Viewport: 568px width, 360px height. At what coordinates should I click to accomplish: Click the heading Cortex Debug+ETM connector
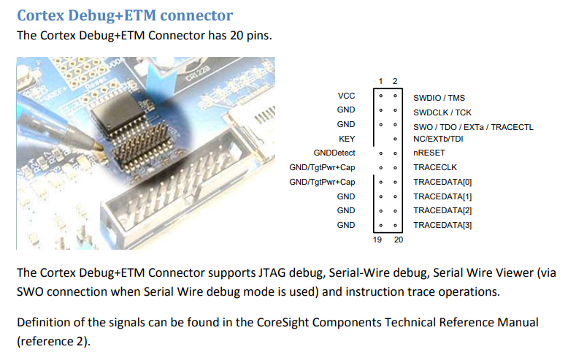[125, 14]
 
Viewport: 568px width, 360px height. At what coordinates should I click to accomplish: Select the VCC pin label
[346, 96]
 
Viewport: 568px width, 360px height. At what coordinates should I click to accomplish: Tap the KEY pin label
[347, 139]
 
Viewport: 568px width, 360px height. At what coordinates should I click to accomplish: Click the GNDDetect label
[334, 153]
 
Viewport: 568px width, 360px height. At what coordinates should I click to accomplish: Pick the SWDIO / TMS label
[439, 97]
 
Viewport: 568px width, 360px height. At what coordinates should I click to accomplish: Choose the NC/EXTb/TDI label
[438, 139]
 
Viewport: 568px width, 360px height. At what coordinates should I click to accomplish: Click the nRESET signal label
[429, 153]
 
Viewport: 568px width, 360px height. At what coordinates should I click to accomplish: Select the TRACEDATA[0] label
[442, 182]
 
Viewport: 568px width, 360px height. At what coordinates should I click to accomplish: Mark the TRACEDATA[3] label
[442, 225]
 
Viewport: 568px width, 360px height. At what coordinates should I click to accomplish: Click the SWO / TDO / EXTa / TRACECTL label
[473, 126]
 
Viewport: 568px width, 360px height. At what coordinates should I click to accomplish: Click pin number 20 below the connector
[398, 240]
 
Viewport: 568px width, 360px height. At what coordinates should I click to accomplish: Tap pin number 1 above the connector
[380, 80]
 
